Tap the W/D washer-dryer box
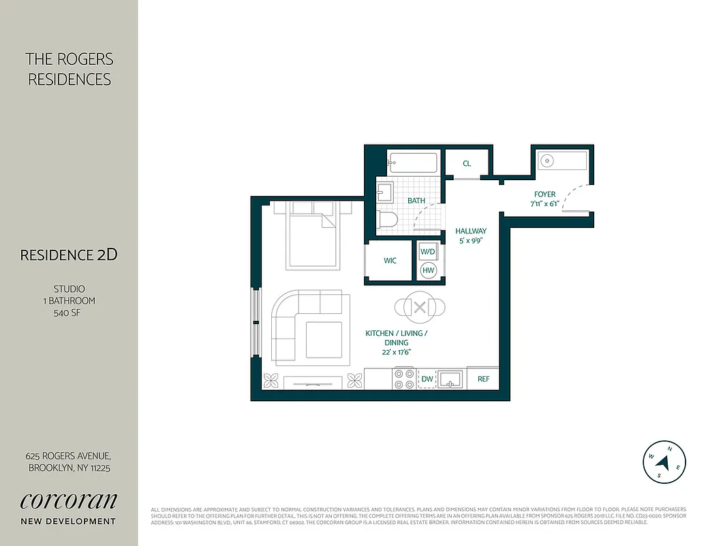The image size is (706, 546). tap(428, 252)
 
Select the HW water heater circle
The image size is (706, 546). tap(428, 270)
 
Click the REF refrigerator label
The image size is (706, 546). tap(483, 379)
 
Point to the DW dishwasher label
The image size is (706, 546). tap(427, 379)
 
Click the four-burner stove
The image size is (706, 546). tap(403, 379)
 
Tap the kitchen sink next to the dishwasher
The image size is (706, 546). tap(450, 378)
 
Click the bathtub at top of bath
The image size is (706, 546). tap(413, 163)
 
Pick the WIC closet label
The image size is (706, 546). tap(390, 261)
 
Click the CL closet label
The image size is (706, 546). tap(467, 164)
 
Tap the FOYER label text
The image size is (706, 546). tap(544, 194)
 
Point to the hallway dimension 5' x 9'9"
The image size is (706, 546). tap(471, 240)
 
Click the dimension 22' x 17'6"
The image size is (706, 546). tap(397, 352)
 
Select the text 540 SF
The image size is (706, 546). tap(69, 313)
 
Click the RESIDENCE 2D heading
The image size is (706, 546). tap(69, 255)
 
